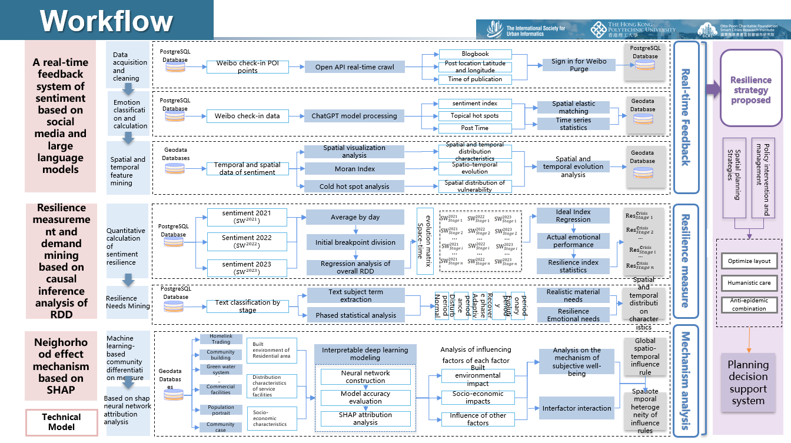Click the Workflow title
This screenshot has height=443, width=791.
click(x=107, y=21)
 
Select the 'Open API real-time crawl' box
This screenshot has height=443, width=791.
click(x=354, y=67)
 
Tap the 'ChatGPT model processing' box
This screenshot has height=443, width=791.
click(x=354, y=116)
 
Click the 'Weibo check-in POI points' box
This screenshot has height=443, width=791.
click(x=248, y=67)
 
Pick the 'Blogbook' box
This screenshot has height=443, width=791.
click(x=475, y=54)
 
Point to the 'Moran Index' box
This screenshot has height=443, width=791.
click(x=354, y=169)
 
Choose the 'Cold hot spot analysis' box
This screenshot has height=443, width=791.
click(x=354, y=186)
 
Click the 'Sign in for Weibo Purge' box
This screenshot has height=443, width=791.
click(x=579, y=65)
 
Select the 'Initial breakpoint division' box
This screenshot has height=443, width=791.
click(x=355, y=242)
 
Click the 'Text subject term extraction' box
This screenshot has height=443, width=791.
click(x=355, y=295)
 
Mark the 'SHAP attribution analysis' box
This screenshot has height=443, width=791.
click(x=365, y=418)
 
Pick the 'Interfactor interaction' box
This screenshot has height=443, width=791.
click(x=577, y=408)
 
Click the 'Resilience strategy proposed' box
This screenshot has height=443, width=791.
click(x=750, y=89)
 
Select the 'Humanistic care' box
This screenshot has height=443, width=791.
click(x=749, y=283)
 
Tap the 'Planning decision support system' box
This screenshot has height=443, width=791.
click(x=749, y=382)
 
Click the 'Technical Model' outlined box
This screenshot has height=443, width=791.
click(x=61, y=422)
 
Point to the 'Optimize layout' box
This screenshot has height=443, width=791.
click(x=749, y=261)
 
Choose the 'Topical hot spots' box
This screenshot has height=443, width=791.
click(x=475, y=115)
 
